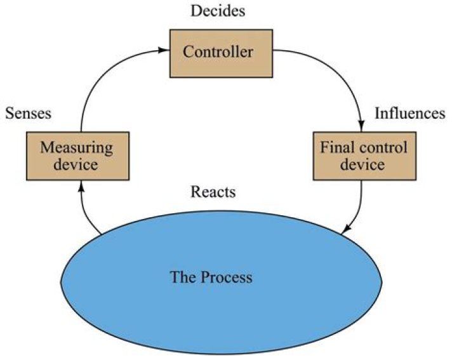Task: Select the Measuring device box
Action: pos(76,156)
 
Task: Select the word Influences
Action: pos(409,114)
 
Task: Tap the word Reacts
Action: pos(212,192)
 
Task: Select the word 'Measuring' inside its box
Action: pos(76,148)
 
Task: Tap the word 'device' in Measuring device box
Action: pos(76,164)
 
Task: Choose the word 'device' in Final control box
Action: pos(362,164)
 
